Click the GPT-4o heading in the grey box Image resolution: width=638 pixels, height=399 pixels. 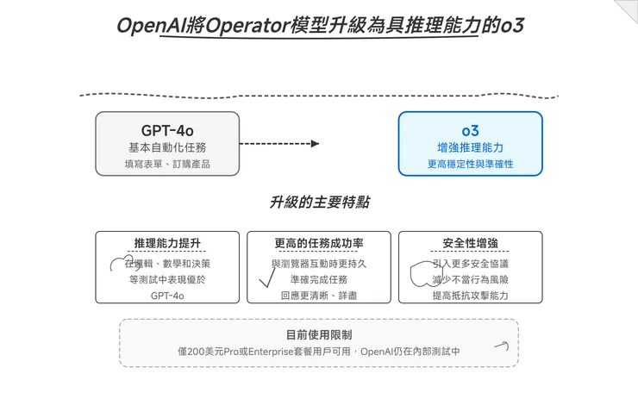coord(167,130)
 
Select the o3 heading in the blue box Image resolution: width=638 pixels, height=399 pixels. coord(470,130)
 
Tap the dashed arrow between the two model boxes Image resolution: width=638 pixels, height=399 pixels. coord(278,144)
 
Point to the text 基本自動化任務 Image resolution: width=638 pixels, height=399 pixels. coord(167,147)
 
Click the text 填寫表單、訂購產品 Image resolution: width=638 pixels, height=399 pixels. coord(167,164)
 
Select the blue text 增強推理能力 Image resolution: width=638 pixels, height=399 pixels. coord(470,147)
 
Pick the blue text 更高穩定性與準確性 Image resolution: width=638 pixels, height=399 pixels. coord(470,164)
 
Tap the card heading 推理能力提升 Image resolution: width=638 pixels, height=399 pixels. coord(167,243)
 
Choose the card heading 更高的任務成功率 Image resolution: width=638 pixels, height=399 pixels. coord(319,243)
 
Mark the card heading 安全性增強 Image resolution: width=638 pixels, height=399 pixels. coord(470,243)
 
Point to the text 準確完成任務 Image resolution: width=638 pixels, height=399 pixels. coord(319,279)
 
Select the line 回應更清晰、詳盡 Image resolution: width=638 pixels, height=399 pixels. coord(319,296)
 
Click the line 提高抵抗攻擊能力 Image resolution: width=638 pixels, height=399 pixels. coord(470,296)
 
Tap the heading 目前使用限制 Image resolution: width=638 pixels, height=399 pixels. coord(319,334)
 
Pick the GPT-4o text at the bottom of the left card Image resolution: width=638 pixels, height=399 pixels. coord(167,296)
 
